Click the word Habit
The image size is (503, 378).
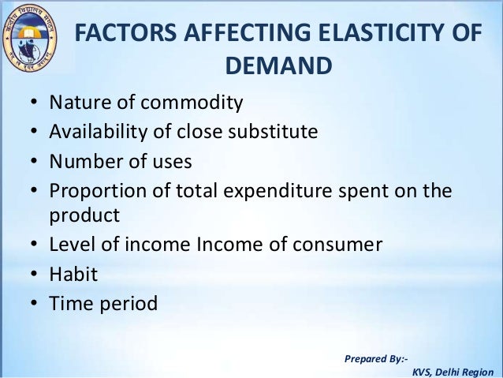click(x=72, y=274)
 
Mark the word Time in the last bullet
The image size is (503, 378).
click(x=69, y=303)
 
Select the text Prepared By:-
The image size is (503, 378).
click(x=376, y=359)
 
